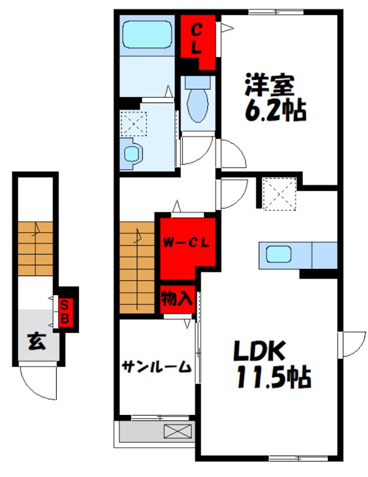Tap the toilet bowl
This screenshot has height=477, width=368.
pos(198,106)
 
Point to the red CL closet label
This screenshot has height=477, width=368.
pos(197,39)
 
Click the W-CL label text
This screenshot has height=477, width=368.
pos(186,243)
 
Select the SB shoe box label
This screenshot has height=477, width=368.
pos(65,311)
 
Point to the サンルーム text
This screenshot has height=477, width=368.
pos(157,367)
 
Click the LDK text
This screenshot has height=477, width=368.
pos(259,351)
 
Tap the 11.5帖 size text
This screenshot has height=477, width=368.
pos(274,377)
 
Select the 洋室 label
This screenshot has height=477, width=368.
pos(269,85)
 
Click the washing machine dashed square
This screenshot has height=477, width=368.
pos(134,123)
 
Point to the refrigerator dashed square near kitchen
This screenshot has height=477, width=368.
pos(280,194)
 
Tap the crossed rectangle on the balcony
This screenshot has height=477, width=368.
pos(178,431)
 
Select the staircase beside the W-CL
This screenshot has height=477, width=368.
pos(137,267)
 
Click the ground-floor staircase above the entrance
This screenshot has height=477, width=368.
pos(35,249)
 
